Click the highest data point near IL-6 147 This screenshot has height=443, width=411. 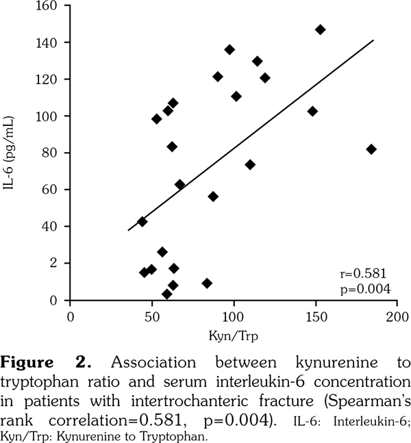pos(320,29)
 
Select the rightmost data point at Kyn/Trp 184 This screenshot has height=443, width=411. pos(371,149)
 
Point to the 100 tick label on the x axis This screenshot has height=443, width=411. pos(234,317)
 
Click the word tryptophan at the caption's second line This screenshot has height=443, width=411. pos(46,378)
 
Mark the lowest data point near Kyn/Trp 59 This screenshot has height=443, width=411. pos(166,294)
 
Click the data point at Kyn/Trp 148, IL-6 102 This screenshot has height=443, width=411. pos(312,111)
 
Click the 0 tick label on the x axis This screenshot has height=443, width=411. pos(70,317)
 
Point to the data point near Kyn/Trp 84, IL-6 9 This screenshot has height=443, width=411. pos(207,283)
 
